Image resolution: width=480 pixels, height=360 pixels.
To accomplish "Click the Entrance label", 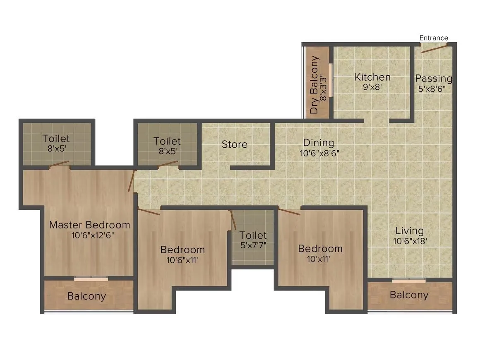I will click(434, 38).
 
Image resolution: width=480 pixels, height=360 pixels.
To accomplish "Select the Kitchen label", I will click(372, 77).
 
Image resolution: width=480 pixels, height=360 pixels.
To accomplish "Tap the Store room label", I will click(235, 144).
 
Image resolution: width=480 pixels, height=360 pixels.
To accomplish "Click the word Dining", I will click(318, 143).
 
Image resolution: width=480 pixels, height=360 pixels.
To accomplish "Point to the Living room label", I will click(409, 231).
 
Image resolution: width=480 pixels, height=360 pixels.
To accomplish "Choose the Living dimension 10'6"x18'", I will click(409, 241).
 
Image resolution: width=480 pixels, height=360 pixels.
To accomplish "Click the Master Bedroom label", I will click(89, 225).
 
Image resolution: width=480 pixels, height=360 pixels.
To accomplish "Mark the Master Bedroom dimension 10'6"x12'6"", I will click(89, 235).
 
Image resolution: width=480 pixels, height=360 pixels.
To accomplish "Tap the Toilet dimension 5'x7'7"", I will click(253, 245).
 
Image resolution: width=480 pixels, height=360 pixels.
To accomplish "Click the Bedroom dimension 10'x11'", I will click(320, 259).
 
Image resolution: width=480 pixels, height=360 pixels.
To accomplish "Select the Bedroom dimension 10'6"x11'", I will click(182, 260).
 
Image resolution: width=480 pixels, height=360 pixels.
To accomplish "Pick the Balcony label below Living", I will click(409, 295).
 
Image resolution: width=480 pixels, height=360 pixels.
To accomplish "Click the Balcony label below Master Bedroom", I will click(86, 296).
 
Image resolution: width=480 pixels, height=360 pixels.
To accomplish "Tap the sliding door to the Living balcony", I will click(408, 281).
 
